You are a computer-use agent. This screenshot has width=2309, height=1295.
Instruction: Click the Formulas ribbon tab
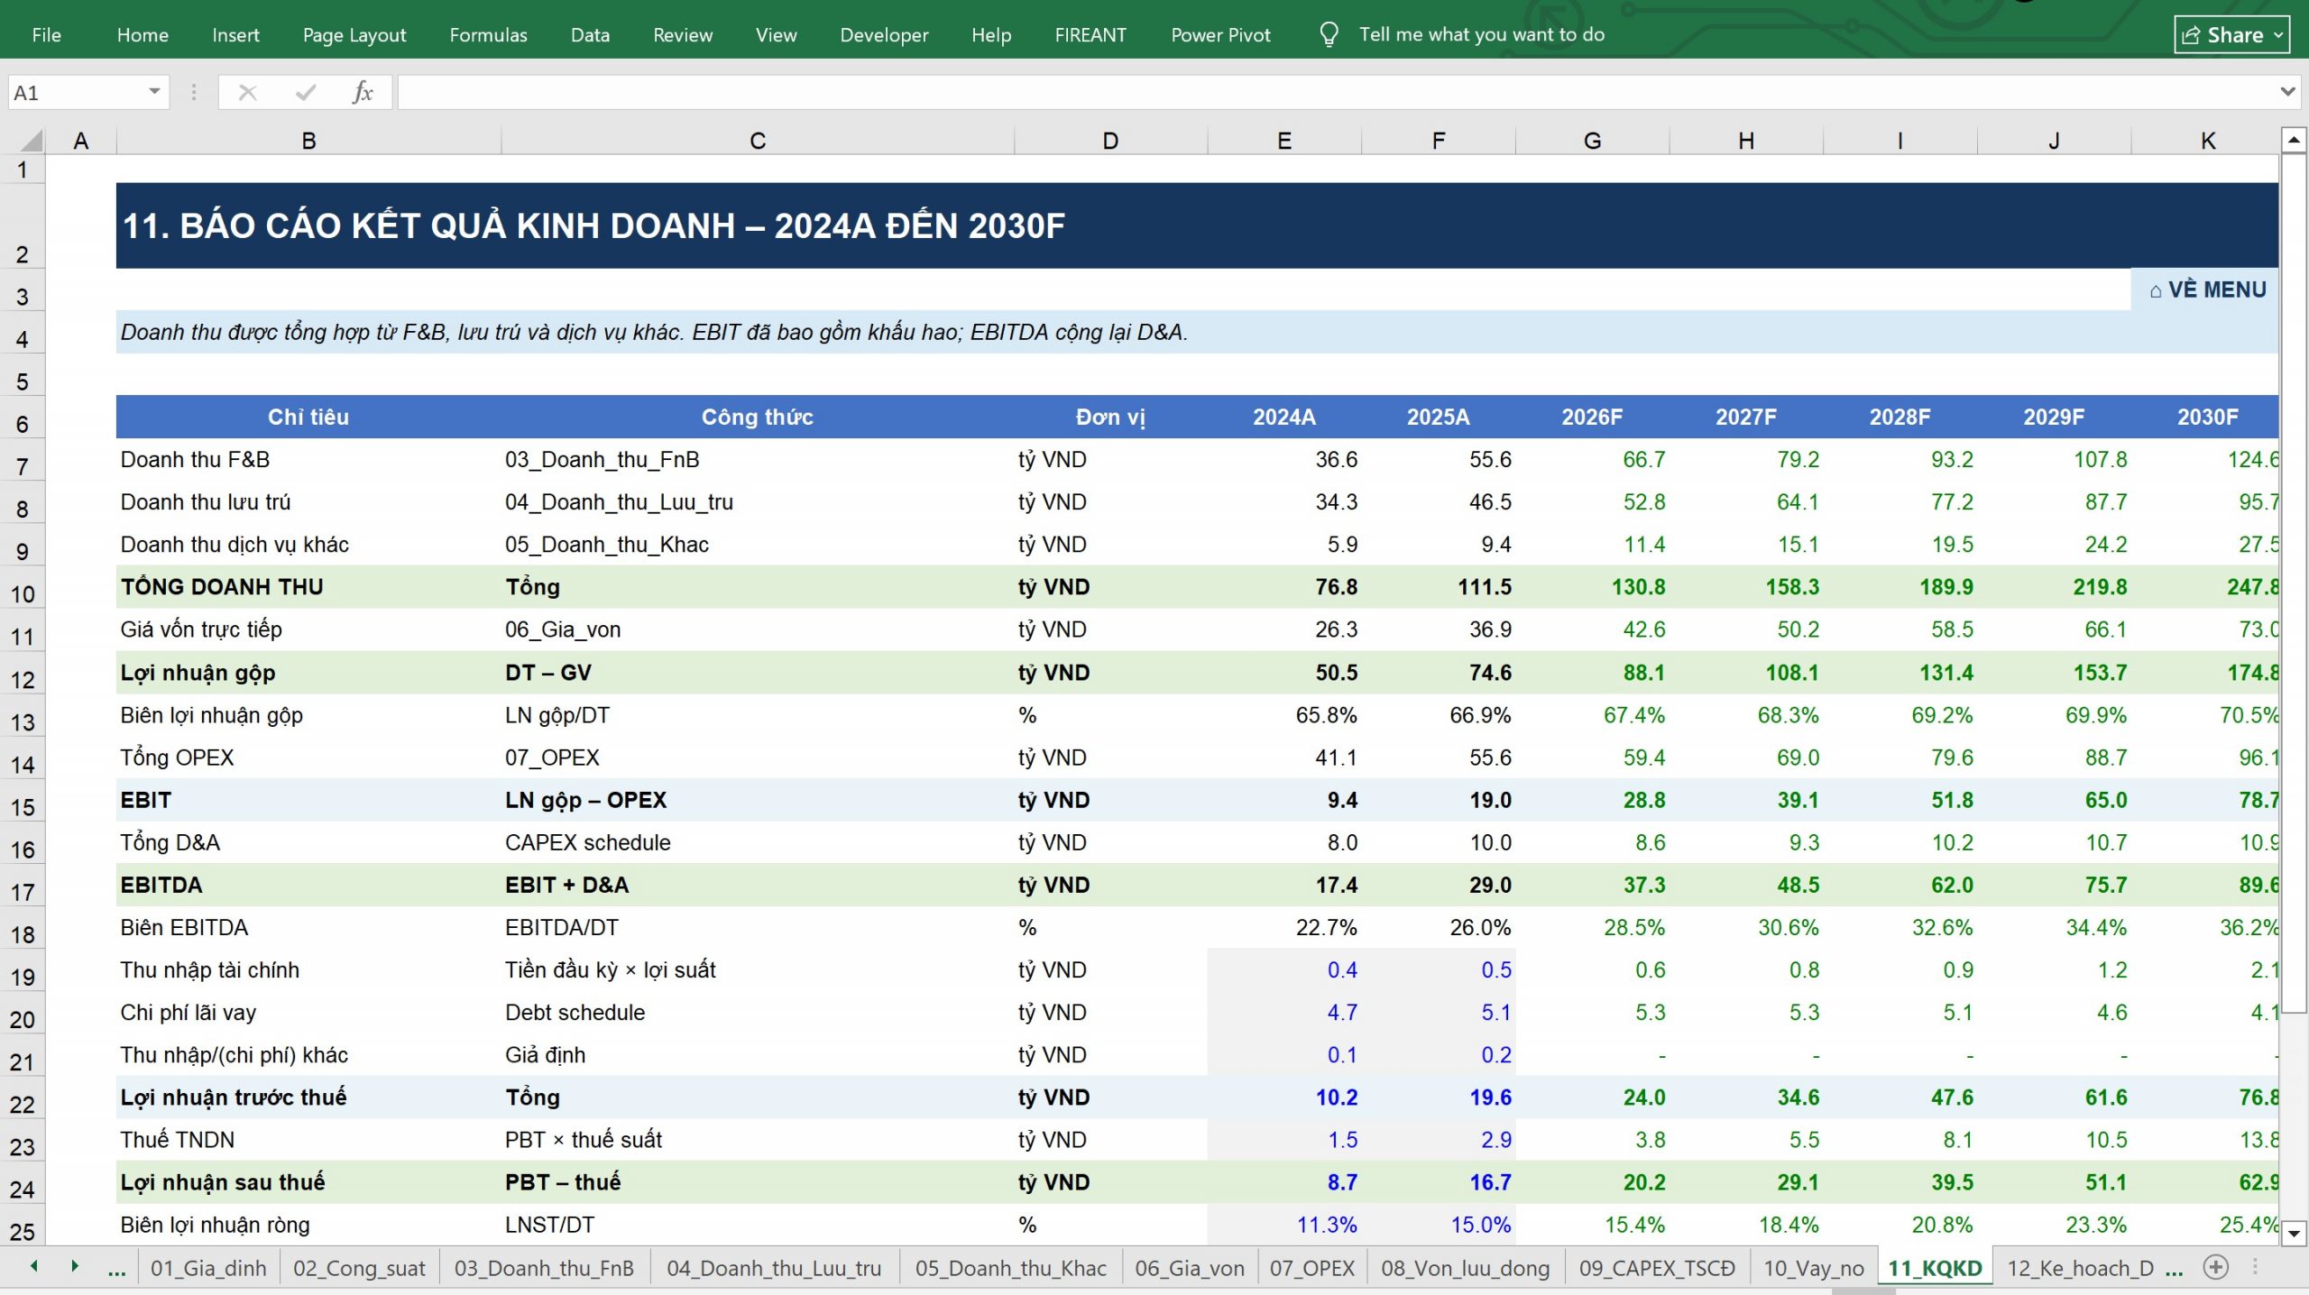point(488,34)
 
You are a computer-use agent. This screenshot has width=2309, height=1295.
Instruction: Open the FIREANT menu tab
point(1090,34)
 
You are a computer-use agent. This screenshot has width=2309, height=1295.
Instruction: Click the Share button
point(2231,34)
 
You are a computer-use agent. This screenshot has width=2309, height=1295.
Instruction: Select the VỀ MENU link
point(2207,289)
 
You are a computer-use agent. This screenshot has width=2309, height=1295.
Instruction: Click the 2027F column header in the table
point(1745,417)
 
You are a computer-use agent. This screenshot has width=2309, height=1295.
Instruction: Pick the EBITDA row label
point(161,885)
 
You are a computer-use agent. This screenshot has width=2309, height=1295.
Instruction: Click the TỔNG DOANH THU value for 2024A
point(1336,587)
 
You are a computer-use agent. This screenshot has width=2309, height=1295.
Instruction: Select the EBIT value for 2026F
point(1643,800)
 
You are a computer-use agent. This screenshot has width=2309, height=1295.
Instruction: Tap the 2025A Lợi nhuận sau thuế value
point(1490,1182)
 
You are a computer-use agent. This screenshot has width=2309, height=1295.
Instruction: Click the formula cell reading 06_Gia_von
point(563,629)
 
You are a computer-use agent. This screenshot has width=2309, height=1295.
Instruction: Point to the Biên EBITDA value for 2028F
point(1942,927)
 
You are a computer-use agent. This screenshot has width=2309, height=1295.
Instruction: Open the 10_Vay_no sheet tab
point(1813,1268)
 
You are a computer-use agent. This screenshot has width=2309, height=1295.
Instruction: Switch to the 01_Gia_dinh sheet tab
point(208,1268)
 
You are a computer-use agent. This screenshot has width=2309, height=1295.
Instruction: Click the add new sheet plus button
point(2215,1267)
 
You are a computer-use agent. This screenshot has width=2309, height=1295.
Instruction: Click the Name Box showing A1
point(87,92)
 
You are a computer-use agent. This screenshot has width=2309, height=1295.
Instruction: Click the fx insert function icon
point(363,92)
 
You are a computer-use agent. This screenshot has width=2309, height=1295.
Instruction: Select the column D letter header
point(1110,141)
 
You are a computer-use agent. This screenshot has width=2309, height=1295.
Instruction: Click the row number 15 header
point(23,807)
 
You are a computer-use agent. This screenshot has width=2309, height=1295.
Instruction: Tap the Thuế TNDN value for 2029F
point(2106,1140)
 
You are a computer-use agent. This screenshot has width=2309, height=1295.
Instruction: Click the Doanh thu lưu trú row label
point(206,502)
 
